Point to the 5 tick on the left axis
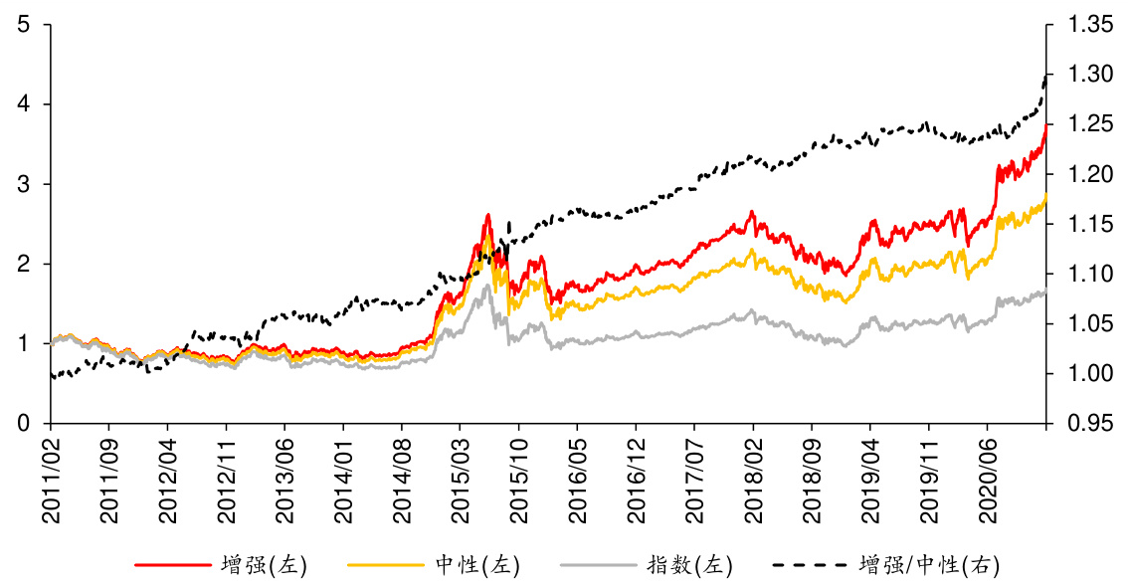click(x=22, y=24)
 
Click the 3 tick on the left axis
click(x=22, y=184)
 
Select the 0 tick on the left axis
click(x=22, y=424)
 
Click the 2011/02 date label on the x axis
click(x=50, y=476)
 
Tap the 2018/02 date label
click(x=753, y=476)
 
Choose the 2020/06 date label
click(x=987, y=476)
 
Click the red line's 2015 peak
click(x=488, y=214)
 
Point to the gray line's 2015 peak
click(x=487, y=285)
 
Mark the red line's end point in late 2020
click(x=1046, y=125)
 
